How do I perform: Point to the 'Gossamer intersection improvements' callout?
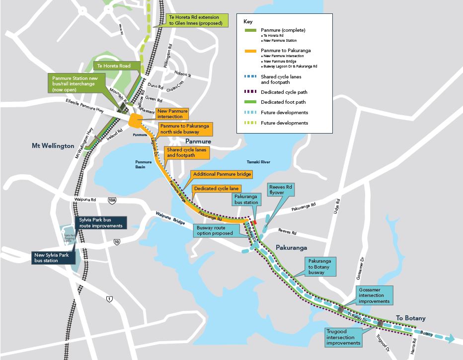click(x=374, y=295)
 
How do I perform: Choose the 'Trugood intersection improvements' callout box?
click(x=343, y=336)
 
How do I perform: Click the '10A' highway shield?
click(x=112, y=200)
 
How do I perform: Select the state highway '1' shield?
click(x=109, y=298)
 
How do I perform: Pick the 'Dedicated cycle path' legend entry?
click(x=283, y=92)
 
